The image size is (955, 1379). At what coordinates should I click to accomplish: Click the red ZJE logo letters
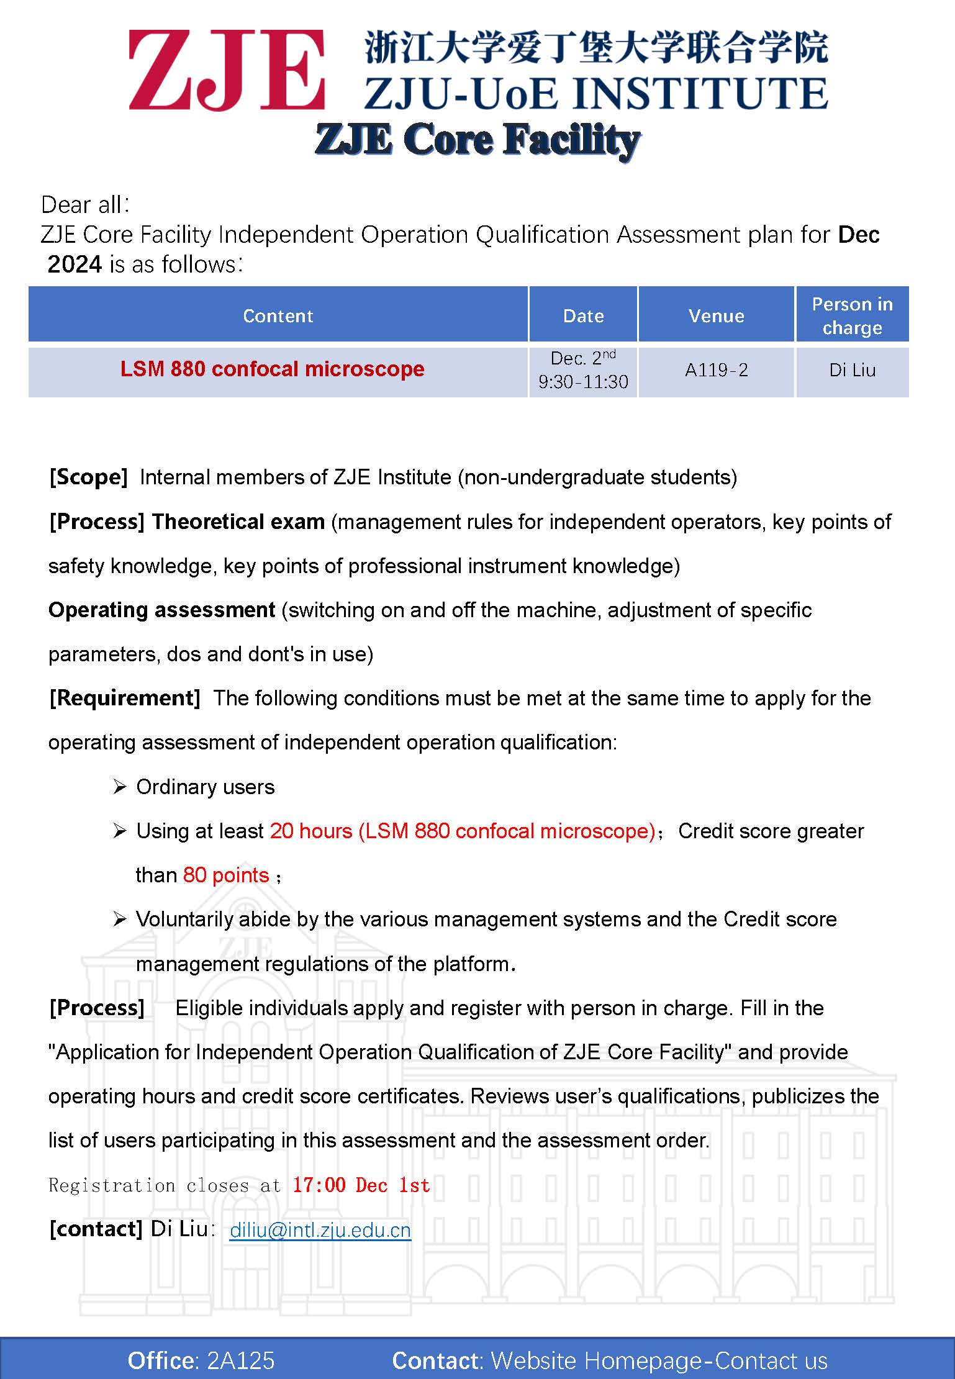point(227,70)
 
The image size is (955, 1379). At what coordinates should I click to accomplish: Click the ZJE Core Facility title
point(477,139)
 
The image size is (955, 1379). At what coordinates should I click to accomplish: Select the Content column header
point(278,315)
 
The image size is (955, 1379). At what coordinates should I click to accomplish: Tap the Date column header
point(583,315)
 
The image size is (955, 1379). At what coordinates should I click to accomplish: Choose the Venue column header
point(716,315)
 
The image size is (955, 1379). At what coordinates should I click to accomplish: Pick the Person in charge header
point(852,315)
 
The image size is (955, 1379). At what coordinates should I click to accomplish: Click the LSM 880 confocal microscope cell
point(272,369)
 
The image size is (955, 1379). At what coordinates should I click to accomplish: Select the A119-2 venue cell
point(716,370)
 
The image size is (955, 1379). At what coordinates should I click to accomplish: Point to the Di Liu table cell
point(852,370)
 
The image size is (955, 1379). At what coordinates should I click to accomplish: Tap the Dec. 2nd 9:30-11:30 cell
point(583,370)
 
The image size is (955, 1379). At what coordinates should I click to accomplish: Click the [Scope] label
point(88,477)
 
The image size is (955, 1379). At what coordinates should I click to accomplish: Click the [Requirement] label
point(124,698)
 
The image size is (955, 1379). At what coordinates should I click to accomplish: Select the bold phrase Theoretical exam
point(238,522)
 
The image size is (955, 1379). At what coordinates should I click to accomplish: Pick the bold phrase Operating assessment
point(161,610)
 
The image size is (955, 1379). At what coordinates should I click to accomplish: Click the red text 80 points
point(226,875)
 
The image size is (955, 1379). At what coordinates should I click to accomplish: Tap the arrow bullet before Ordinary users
point(120,787)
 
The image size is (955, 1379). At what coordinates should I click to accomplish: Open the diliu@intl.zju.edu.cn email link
point(320,1230)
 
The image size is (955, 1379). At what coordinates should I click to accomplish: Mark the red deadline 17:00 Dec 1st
point(361,1185)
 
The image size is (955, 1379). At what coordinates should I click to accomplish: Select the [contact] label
point(96,1229)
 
